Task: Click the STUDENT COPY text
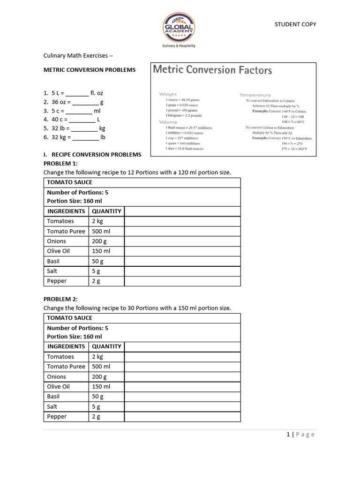click(x=295, y=24)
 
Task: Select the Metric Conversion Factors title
click(x=212, y=70)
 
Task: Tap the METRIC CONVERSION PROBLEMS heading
click(x=90, y=70)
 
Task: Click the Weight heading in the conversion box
click(x=168, y=94)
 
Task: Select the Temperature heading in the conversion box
click(x=255, y=95)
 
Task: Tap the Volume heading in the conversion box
click(x=168, y=122)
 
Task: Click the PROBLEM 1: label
click(x=60, y=164)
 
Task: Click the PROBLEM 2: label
click(x=60, y=299)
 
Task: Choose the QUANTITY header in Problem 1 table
click(x=106, y=211)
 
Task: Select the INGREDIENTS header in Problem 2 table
click(x=66, y=347)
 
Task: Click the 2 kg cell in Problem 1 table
click(x=97, y=221)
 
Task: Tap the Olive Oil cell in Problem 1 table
click(x=58, y=251)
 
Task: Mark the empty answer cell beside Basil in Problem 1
click(x=182, y=261)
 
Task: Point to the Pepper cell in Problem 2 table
click(x=57, y=417)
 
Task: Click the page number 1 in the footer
click(x=288, y=435)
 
